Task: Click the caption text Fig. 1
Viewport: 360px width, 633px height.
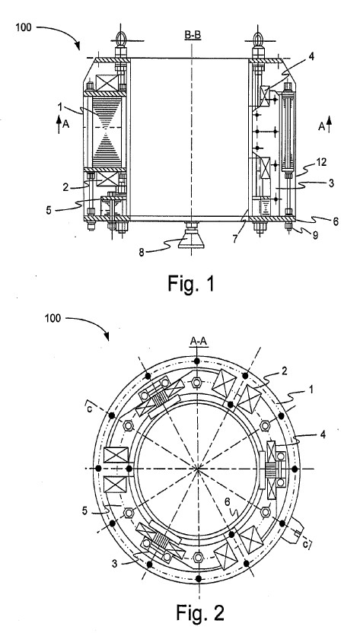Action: click(x=191, y=284)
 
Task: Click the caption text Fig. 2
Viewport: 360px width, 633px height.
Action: click(x=199, y=612)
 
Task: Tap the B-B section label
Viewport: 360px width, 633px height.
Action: click(x=193, y=36)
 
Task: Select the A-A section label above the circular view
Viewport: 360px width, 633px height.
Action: click(x=199, y=342)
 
